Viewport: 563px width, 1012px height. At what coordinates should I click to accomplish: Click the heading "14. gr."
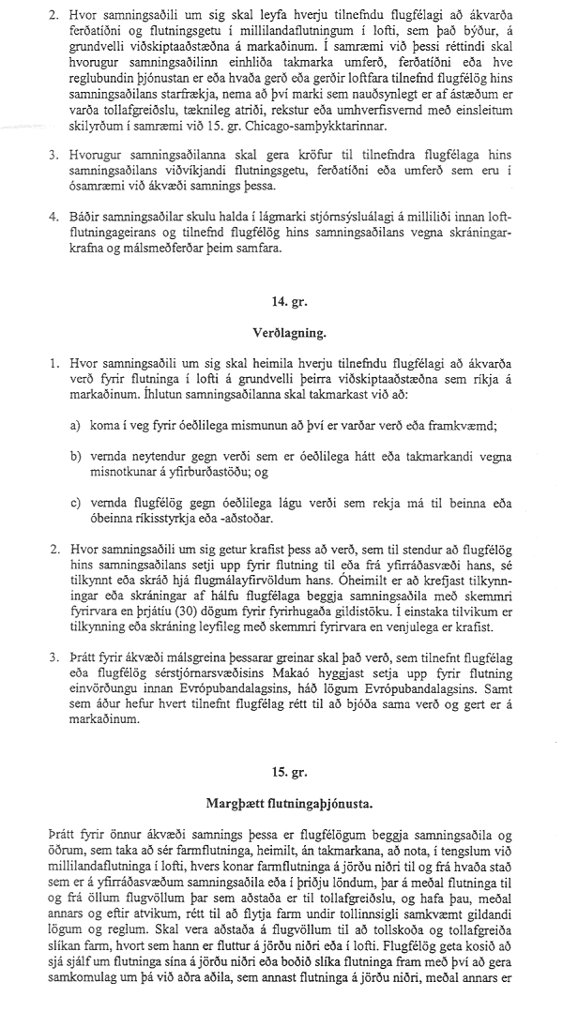click(281, 300)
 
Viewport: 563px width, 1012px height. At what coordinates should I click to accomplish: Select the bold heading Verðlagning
click(281, 331)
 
